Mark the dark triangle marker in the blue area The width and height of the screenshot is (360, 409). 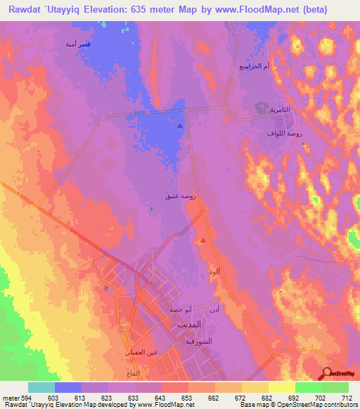[180, 126]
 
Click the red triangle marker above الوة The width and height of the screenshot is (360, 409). [203, 240]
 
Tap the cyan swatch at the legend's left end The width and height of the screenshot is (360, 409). [41, 387]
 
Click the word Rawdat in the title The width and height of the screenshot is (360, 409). [23, 9]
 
